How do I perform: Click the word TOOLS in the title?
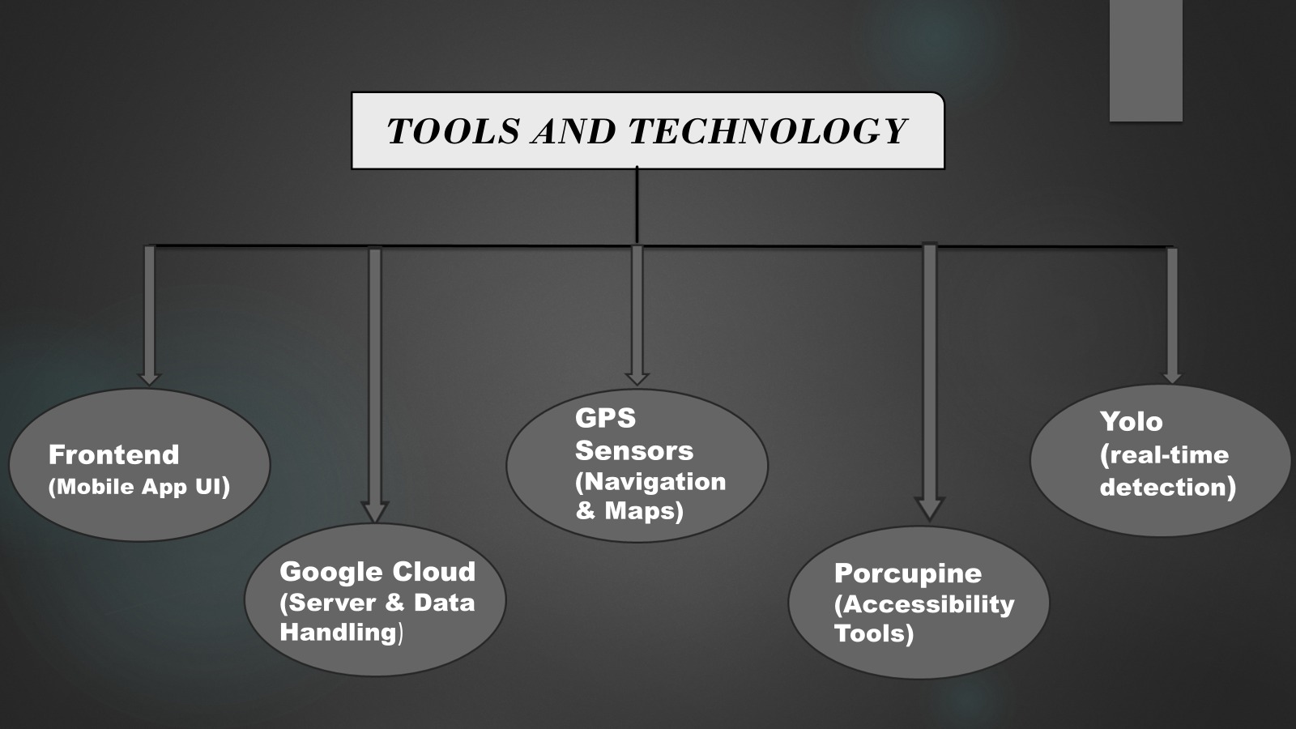453,131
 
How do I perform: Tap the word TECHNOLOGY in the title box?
767,131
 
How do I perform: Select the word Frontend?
114,454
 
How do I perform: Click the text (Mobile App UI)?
139,487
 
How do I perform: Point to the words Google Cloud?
377,572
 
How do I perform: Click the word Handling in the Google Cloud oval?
338,632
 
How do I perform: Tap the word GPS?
605,418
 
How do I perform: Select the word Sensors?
634,450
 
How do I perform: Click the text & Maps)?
629,510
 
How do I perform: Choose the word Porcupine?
908,573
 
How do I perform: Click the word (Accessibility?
924,603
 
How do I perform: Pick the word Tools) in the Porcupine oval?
874,633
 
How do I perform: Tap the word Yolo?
1131,421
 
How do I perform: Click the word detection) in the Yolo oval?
1167,487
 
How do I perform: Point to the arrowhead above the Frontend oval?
149,377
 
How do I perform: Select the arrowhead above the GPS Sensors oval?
637,377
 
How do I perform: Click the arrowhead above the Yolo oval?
1171,377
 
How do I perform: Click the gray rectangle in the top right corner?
1145,60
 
